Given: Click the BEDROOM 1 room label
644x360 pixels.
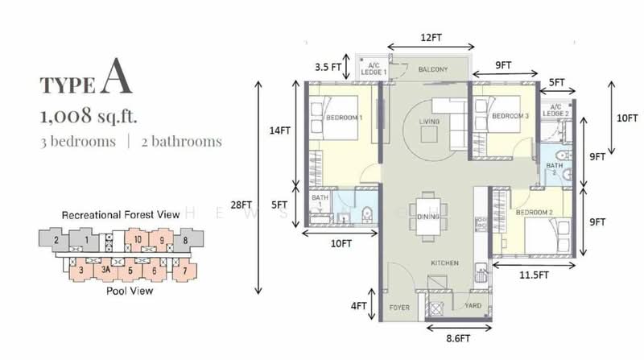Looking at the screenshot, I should click(x=345, y=118).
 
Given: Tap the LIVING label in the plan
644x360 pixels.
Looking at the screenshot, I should click(x=430, y=122).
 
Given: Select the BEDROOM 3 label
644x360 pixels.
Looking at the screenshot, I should click(x=510, y=116).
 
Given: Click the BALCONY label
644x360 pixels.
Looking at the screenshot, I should click(x=433, y=69).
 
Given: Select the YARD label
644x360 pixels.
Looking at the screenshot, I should click(x=472, y=307).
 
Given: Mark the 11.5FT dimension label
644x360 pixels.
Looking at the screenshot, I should click(x=532, y=275).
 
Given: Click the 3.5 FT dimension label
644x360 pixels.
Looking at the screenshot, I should click(x=327, y=67).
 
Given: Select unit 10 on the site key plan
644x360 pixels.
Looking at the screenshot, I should click(x=138, y=239).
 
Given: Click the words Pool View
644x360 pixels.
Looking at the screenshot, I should click(x=130, y=291).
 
